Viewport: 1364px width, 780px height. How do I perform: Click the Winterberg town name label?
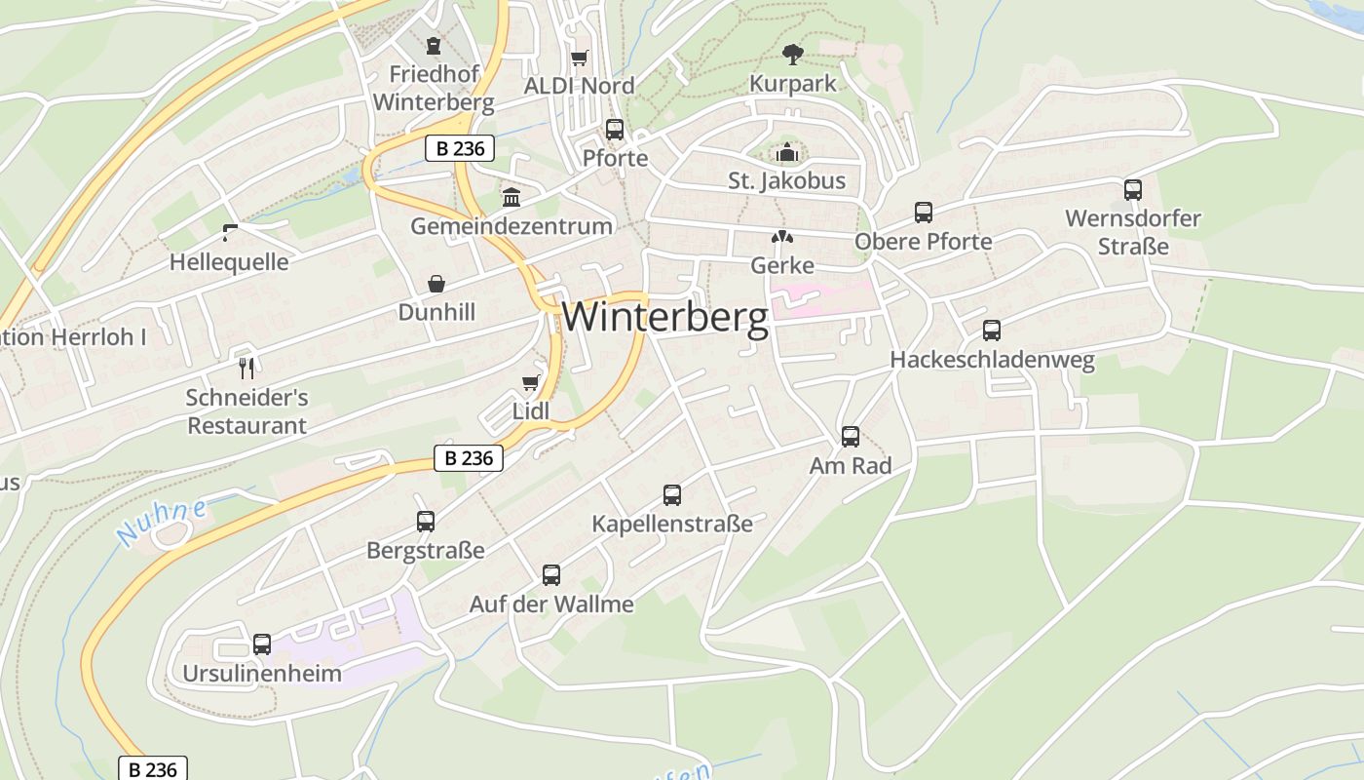pos(665,317)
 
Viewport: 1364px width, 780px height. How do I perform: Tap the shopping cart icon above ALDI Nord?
pos(580,58)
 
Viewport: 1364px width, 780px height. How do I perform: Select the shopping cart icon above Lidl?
pos(531,382)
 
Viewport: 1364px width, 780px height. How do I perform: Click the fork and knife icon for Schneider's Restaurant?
pos(246,368)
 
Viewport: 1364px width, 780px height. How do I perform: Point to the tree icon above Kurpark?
pos(793,54)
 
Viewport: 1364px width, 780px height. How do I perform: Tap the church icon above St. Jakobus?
pos(786,152)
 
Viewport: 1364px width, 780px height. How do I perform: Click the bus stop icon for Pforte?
pos(614,130)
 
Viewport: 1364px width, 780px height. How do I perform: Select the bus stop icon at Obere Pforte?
pos(923,213)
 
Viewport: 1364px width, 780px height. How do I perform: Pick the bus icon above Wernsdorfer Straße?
pos(1132,190)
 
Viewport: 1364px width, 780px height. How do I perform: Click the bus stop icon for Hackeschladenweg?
pos(991,331)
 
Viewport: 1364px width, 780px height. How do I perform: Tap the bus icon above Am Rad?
pos(850,437)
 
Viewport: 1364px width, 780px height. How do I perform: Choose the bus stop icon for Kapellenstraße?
pos(671,495)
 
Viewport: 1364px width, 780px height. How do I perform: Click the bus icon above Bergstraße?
pos(425,522)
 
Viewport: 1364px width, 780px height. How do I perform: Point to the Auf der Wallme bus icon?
pos(550,575)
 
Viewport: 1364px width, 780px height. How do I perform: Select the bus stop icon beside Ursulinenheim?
pos(261,644)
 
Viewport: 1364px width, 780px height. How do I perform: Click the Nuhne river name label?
pos(162,523)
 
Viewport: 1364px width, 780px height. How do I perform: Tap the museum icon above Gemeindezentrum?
pos(511,198)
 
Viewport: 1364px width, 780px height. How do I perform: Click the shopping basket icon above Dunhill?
pos(436,284)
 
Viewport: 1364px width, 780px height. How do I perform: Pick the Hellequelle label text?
pos(229,262)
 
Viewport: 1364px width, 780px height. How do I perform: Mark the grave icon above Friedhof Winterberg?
pos(433,46)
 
